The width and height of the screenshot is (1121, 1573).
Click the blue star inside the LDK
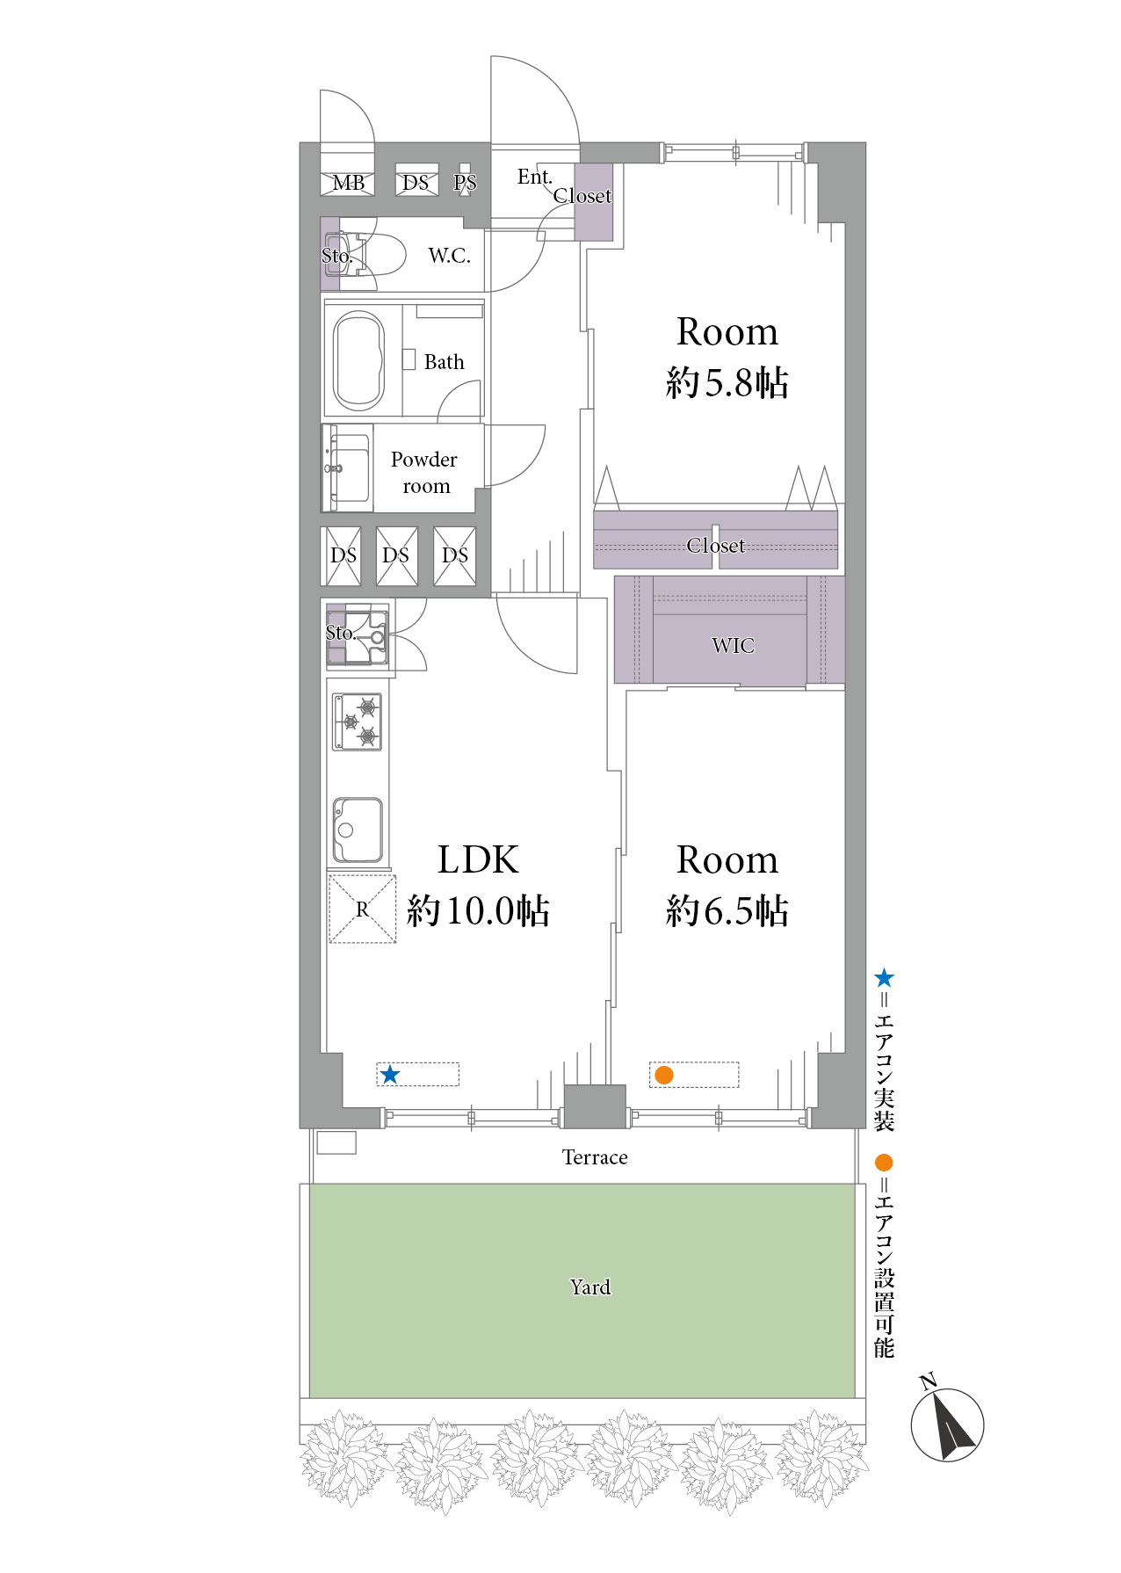pyautogui.click(x=390, y=1074)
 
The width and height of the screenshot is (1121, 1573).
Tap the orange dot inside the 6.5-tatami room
pyautogui.click(x=664, y=1074)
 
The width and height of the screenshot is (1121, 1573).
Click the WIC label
pyautogui.click(x=733, y=646)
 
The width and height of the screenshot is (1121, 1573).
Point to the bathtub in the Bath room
pyautogui.click(x=359, y=361)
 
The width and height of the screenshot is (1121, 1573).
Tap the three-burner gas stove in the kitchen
pyautogui.click(x=358, y=721)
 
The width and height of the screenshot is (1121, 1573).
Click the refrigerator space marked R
pyautogui.click(x=362, y=909)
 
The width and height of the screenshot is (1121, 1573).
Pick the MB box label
pyautogui.click(x=348, y=183)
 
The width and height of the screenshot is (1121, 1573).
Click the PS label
pyautogui.click(x=465, y=183)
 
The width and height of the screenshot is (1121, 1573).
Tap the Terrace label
pyautogui.click(x=595, y=1157)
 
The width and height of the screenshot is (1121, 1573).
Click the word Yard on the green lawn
pyautogui.click(x=589, y=1287)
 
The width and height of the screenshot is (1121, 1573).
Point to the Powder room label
pyautogui.click(x=424, y=473)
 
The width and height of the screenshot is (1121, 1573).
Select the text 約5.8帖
pyautogui.click(x=727, y=383)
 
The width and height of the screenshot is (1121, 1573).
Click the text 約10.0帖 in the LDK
pyautogui.click(x=478, y=911)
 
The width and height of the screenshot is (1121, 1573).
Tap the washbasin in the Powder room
pyautogui.click(x=348, y=468)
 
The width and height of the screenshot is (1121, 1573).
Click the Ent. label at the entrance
pyautogui.click(x=534, y=177)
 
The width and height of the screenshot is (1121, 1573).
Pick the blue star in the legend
pyautogui.click(x=884, y=978)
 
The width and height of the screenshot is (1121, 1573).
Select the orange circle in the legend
pyautogui.click(x=884, y=1163)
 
